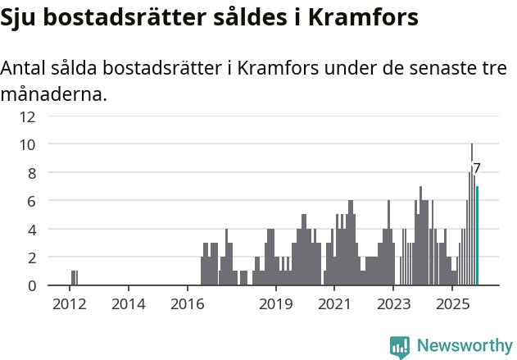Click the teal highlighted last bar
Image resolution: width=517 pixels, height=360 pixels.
477,236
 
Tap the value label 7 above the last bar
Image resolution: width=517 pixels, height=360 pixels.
477,168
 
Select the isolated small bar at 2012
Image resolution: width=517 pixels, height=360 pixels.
74,278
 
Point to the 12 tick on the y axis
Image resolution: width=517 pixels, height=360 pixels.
29,116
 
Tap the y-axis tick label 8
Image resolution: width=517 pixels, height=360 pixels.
31,173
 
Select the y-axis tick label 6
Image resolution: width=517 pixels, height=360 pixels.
31,201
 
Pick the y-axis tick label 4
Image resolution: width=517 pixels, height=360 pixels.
31,230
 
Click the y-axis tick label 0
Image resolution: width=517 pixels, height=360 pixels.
31,285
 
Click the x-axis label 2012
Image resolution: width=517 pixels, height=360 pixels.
70,304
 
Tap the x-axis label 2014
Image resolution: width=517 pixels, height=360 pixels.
129,304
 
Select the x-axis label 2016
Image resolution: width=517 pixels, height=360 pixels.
188,304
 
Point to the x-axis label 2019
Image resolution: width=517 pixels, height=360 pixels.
276,304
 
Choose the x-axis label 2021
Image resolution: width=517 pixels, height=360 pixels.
334,304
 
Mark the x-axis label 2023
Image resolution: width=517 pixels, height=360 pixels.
393,304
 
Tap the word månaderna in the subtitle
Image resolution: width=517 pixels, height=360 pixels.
54,94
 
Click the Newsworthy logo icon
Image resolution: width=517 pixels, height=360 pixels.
400,347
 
